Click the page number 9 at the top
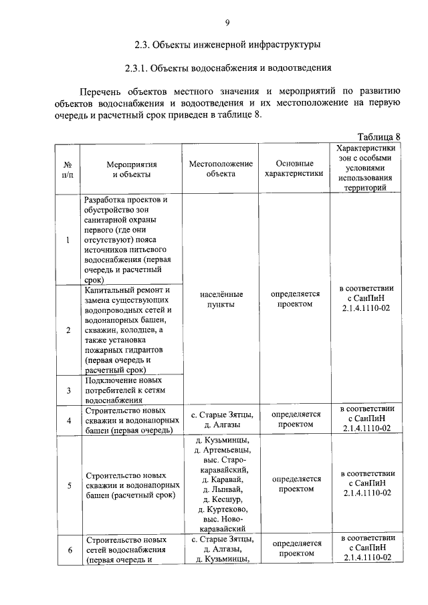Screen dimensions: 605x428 pyautogui.click(x=227, y=25)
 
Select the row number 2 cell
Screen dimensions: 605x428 pyautogui.click(x=68, y=330)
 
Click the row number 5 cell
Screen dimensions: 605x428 pyautogui.click(x=68, y=485)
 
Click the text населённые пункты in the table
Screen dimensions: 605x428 pyautogui.click(x=221, y=299)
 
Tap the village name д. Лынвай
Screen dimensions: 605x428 pyautogui.click(x=221, y=489)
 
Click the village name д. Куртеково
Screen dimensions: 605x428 pyautogui.click(x=221, y=509)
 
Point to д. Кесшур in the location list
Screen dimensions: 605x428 pyautogui.click(x=221, y=499)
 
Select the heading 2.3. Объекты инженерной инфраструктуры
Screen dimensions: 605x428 pyautogui.click(x=227, y=45)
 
